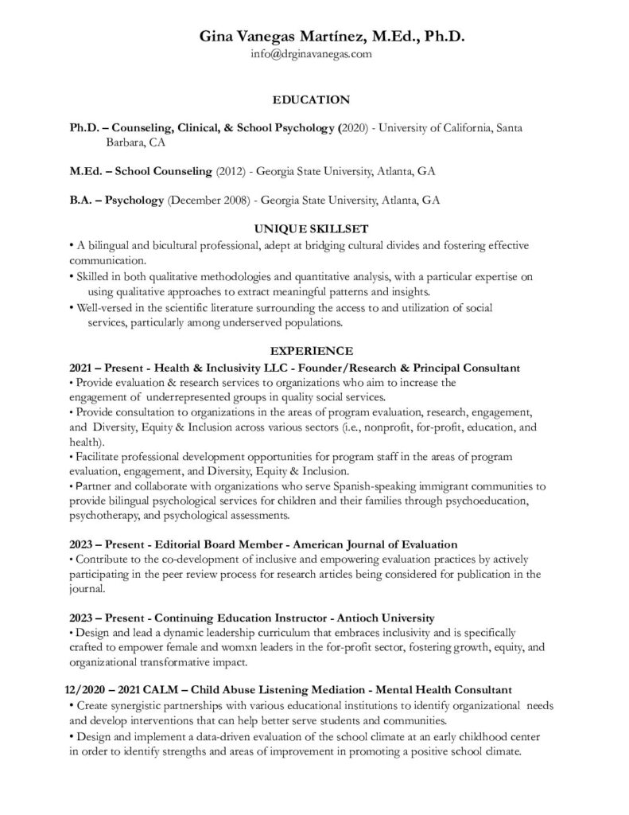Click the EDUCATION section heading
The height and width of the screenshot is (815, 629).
311,99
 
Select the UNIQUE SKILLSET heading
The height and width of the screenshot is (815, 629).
311,228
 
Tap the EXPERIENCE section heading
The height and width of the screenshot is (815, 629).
311,350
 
